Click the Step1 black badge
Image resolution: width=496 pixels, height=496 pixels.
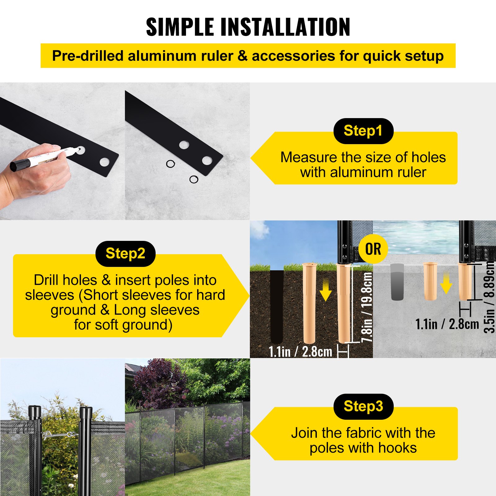click(x=363, y=131)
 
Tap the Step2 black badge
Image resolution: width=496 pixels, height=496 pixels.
click(x=126, y=254)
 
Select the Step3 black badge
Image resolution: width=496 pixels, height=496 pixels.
click(x=363, y=406)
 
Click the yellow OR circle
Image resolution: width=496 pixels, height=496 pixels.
click(x=373, y=249)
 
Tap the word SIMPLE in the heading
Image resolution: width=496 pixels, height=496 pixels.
click(x=180, y=27)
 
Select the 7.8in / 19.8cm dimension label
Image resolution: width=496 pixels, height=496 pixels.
click(x=367, y=307)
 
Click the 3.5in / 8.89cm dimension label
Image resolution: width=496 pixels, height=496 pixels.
click(x=489, y=297)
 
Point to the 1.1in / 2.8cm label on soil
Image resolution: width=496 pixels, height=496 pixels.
click(x=300, y=352)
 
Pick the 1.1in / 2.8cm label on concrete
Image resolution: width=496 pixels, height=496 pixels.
click(x=447, y=324)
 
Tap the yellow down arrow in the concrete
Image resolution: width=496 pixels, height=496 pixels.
click(x=446, y=283)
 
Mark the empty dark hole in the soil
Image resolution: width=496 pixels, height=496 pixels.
click(x=277, y=305)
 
